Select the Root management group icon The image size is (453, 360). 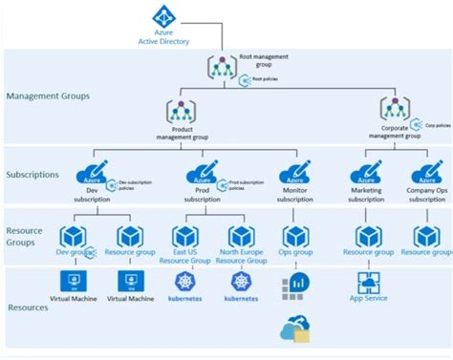click(222, 66)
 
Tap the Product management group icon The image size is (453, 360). click(181, 112)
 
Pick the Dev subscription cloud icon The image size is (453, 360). click(94, 173)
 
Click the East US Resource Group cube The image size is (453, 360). click(185, 236)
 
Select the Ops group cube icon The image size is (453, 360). click(294, 236)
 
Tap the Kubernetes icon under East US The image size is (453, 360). click(185, 281)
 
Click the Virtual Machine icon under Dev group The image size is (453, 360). click(71, 281)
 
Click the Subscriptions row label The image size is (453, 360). click(32, 175)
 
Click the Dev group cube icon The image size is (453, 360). click(73, 236)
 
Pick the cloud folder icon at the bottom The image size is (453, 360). click(294, 329)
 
